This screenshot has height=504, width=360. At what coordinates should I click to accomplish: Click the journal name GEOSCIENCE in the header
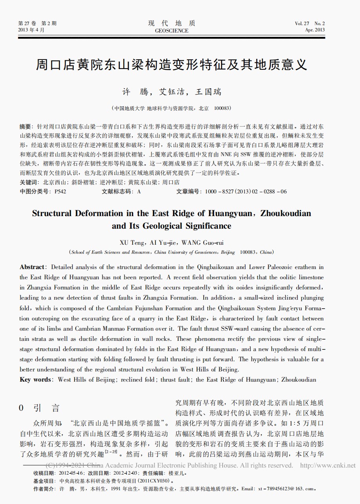click(172, 31)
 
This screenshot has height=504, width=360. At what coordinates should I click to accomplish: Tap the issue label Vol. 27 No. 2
click(310, 24)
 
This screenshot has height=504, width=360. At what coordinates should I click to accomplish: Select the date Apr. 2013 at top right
click(315, 30)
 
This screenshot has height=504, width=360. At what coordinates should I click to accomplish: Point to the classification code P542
click(60, 191)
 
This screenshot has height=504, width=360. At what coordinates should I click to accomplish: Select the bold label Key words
click(35, 379)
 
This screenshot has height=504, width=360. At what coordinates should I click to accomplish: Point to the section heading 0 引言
click(39, 408)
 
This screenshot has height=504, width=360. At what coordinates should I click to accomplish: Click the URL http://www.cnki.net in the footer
click(327, 466)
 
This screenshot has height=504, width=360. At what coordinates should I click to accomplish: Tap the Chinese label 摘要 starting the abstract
click(26, 127)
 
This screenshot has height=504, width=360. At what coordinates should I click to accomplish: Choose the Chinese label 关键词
click(29, 182)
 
